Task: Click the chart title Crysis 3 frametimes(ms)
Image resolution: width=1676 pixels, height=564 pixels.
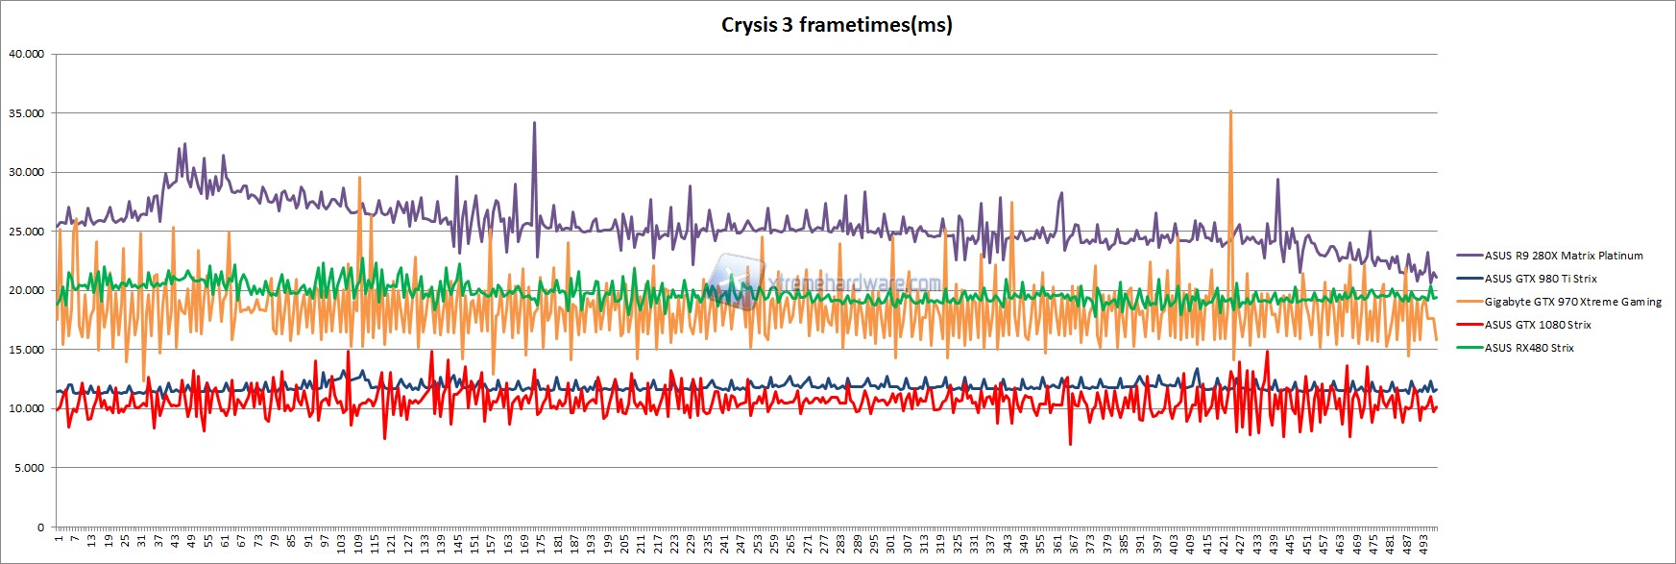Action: (x=837, y=25)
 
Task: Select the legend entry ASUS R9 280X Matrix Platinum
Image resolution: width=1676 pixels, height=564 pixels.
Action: (x=1564, y=256)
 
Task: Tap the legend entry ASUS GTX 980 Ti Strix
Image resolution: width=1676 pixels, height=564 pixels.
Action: (x=1541, y=279)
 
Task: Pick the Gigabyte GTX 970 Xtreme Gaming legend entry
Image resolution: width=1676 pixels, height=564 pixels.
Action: (x=1572, y=302)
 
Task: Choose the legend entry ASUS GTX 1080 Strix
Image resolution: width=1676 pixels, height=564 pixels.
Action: (x=1538, y=325)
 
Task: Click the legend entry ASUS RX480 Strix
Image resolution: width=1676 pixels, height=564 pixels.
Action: (x=1529, y=348)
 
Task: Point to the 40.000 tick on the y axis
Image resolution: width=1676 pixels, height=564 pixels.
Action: (x=26, y=54)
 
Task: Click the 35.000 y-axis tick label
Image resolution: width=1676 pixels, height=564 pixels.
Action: (x=26, y=113)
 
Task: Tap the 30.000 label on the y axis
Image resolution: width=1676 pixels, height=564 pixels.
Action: (x=26, y=172)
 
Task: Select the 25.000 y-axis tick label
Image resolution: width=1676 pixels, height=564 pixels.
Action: (x=26, y=232)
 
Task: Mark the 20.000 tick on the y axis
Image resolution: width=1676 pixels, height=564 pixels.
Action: (x=26, y=290)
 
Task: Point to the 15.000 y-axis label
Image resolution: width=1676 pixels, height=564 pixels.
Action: (x=26, y=350)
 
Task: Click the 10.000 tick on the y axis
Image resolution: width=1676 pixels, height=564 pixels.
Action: (x=26, y=408)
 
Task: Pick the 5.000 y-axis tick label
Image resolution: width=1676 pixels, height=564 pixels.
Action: (x=29, y=468)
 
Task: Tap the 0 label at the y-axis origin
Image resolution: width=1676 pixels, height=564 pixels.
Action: (x=40, y=527)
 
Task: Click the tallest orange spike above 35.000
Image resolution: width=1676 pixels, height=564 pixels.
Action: (x=1230, y=112)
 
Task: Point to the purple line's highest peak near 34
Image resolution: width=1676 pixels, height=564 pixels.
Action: (x=534, y=123)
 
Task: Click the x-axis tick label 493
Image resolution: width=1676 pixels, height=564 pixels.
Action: (x=1424, y=544)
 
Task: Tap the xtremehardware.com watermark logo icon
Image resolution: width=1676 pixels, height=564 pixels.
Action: (x=735, y=281)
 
